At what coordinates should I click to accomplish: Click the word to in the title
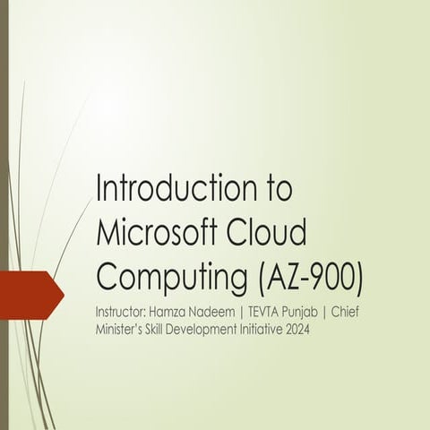276,191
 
